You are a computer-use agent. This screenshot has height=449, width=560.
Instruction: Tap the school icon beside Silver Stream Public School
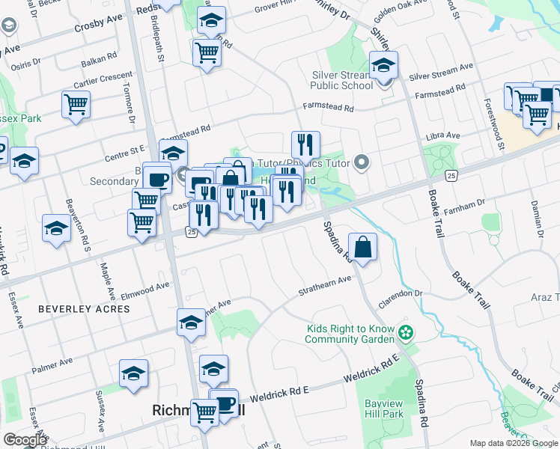[384, 67]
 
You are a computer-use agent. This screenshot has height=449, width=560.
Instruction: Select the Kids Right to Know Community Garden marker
[406, 331]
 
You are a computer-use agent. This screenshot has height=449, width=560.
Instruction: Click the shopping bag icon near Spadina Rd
[362, 248]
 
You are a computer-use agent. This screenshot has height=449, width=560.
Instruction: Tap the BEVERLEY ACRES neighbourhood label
[84, 308]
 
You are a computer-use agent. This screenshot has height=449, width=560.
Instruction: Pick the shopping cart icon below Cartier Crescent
[76, 105]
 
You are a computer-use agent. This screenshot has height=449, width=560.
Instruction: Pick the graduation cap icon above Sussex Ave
[133, 374]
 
